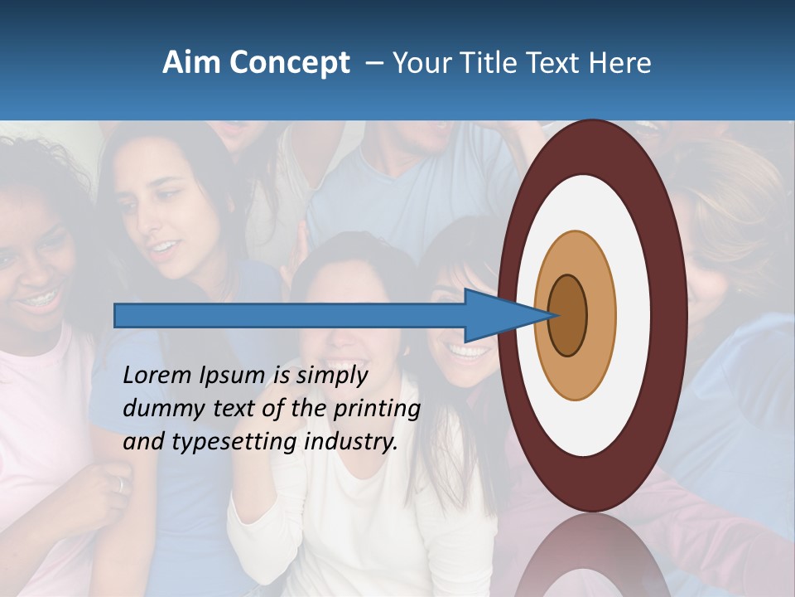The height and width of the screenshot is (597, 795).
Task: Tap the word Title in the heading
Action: [x=489, y=62]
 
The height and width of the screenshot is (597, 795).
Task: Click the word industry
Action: [x=351, y=442]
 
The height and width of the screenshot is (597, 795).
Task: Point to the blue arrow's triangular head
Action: [x=497, y=315]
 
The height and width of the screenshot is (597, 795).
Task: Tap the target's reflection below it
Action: [x=592, y=556]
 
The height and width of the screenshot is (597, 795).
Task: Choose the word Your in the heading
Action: [x=421, y=62]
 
